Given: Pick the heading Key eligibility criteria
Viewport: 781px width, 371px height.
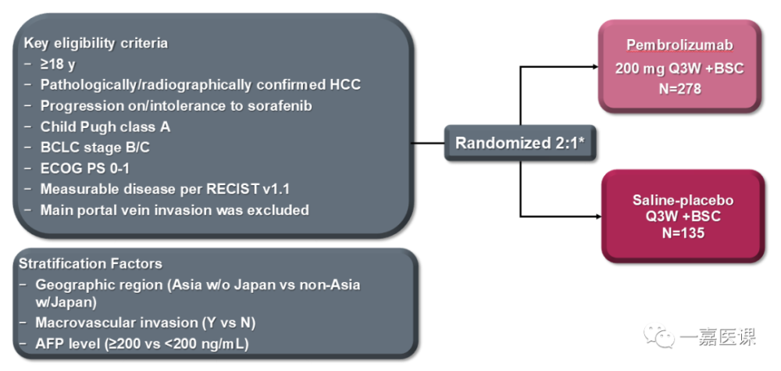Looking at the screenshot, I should (95, 42).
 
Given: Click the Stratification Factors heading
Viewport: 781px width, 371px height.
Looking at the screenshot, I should (92, 264).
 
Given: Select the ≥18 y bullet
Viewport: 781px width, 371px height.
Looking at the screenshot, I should (59, 63).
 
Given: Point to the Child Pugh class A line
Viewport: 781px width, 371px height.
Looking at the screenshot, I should (105, 127).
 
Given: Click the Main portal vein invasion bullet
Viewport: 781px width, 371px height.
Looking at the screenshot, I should (174, 210).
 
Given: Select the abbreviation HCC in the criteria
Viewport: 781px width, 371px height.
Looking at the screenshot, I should (345, 84).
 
